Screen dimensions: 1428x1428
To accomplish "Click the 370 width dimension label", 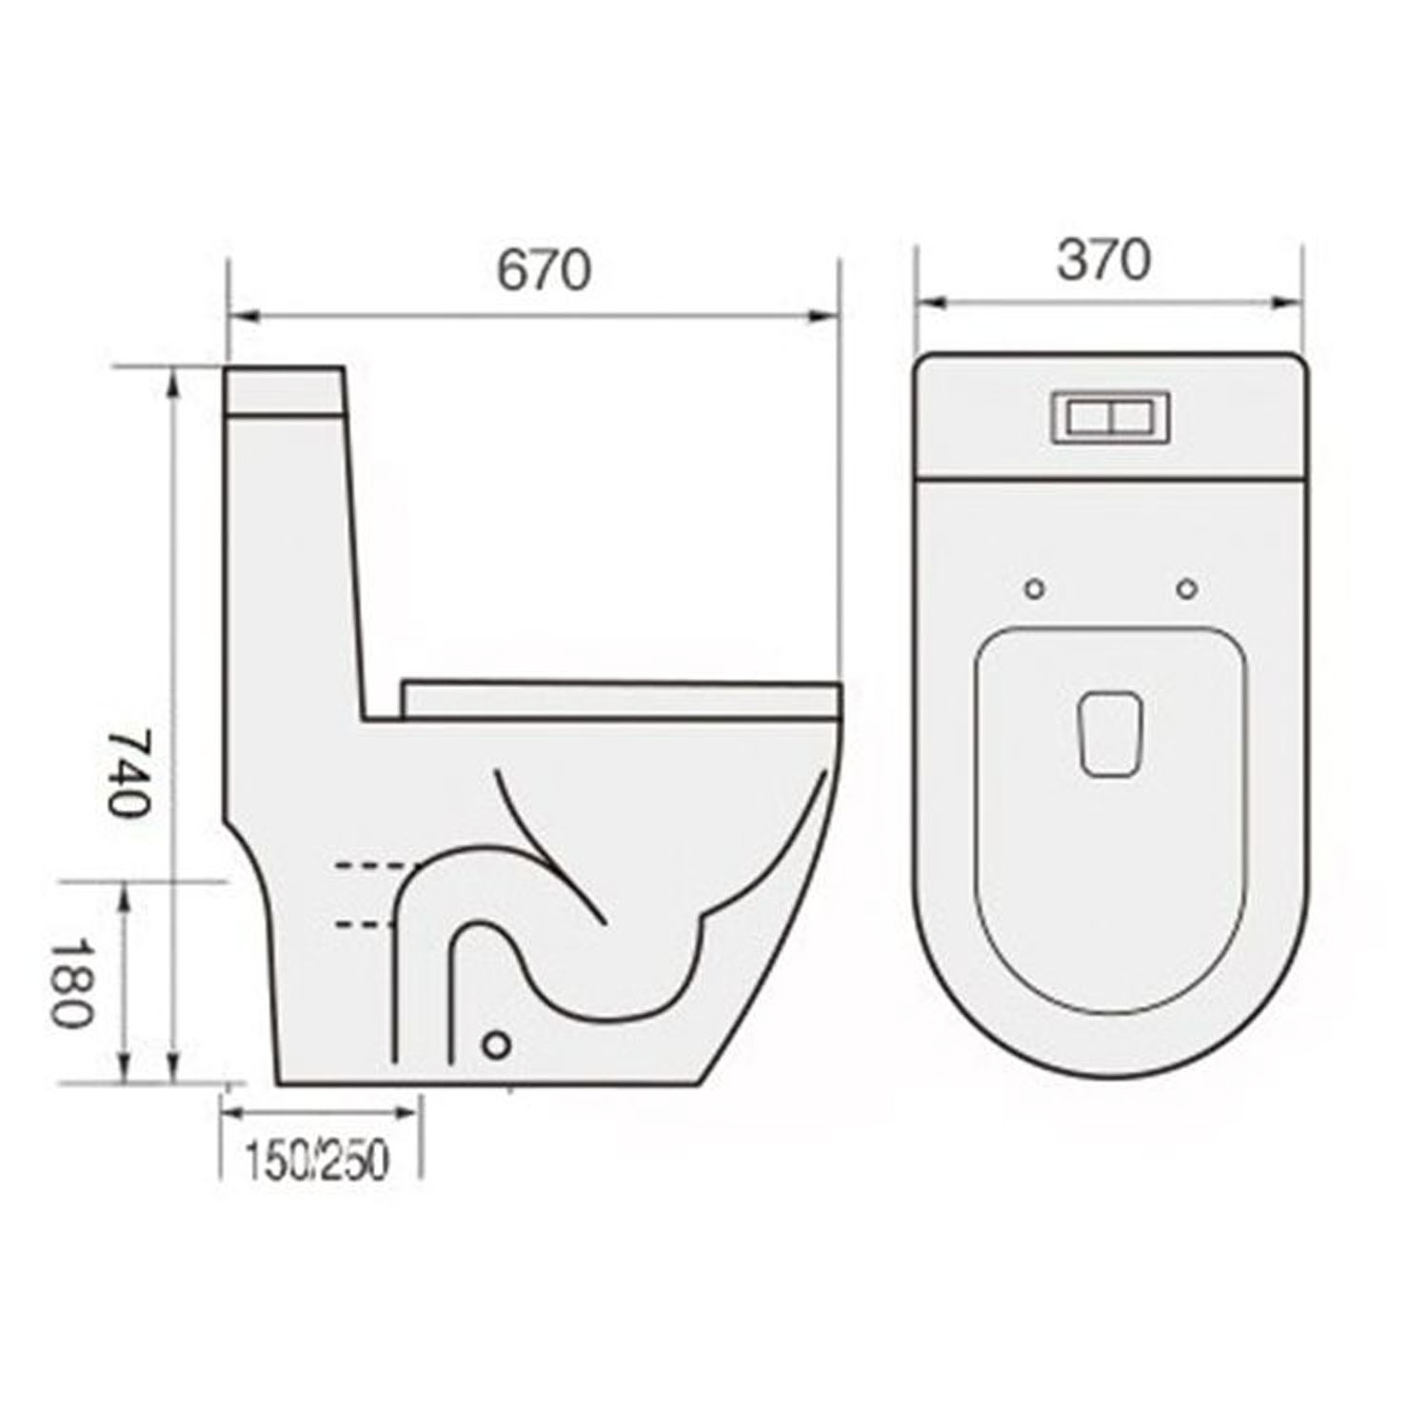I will tap(1104, 260).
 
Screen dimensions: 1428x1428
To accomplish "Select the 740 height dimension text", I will tap(128, 772).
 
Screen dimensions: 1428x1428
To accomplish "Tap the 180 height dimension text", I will tap(71, 983).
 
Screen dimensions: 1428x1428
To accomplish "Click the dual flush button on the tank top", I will tap(1110, 417).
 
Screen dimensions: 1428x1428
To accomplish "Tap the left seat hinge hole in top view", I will tap(1035, 589).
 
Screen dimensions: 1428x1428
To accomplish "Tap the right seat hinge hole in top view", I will tap(1186, 589).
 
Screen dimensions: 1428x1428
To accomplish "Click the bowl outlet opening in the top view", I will tap(1111, 735).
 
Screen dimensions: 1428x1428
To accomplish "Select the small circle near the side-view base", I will tap(496, 1044).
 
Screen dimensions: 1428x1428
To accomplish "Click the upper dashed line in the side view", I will tap(373, 865).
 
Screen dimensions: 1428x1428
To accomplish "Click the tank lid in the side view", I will tap(286, 390).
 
